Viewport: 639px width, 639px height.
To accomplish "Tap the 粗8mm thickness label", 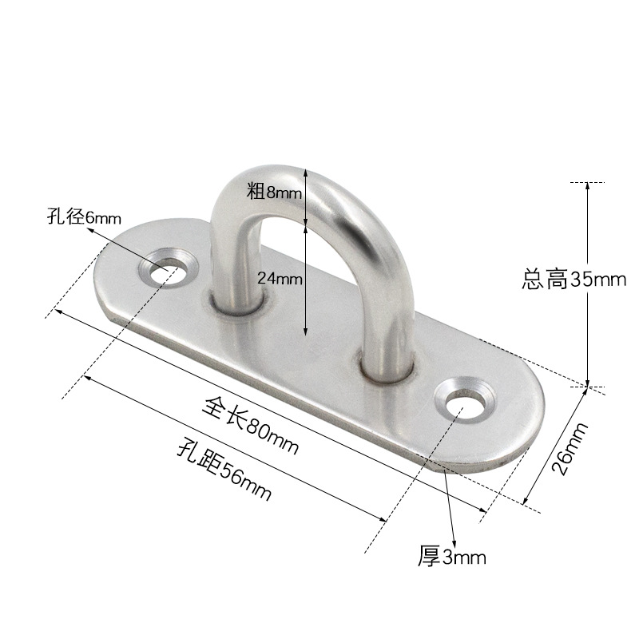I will point(274,192).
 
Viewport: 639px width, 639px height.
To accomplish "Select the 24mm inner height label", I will point(280,278).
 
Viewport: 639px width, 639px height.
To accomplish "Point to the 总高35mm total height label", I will point(573,280).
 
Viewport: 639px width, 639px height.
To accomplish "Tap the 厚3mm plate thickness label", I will point(451,556).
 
